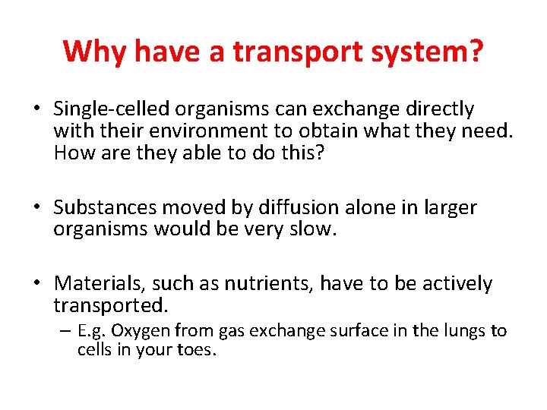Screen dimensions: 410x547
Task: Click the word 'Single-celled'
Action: [109, 110]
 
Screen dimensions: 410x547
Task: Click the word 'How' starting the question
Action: [71, 154]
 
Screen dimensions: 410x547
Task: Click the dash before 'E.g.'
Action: [66, 331]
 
